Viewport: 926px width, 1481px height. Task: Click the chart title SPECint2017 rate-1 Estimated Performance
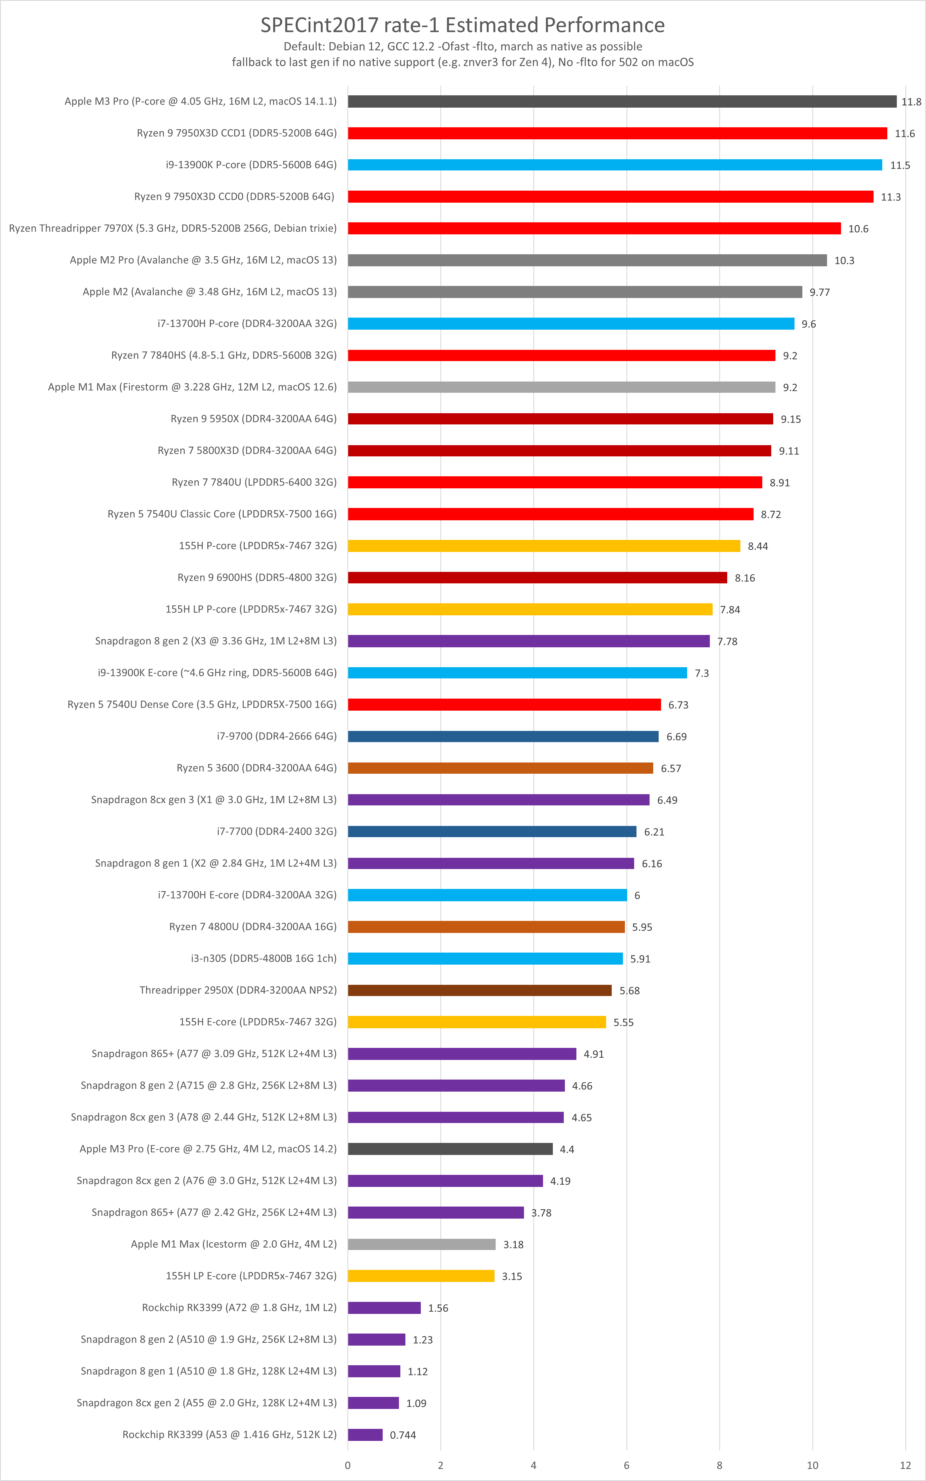[462, 25]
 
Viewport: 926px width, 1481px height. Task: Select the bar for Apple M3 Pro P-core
[622, 102]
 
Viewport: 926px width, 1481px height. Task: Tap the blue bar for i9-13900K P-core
[615, 165]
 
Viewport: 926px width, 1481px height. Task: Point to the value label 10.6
[858, 229]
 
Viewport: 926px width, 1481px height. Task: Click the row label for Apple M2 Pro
[203, 260]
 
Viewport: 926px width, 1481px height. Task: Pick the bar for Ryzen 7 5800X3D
[559, 450]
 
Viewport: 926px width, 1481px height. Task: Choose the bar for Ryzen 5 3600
[500, 768]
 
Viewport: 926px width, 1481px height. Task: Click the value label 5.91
[640, 959]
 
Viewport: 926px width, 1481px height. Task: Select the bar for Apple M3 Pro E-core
[450, 1149]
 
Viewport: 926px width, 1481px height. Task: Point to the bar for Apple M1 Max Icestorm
[421, 1244]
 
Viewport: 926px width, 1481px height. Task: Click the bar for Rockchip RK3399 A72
[384, 1308]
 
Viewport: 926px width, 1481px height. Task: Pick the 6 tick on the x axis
[626, 1465]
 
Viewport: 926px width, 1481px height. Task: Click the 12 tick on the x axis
[905, 1465]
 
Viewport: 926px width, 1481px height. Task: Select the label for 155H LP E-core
[251, 1276]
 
